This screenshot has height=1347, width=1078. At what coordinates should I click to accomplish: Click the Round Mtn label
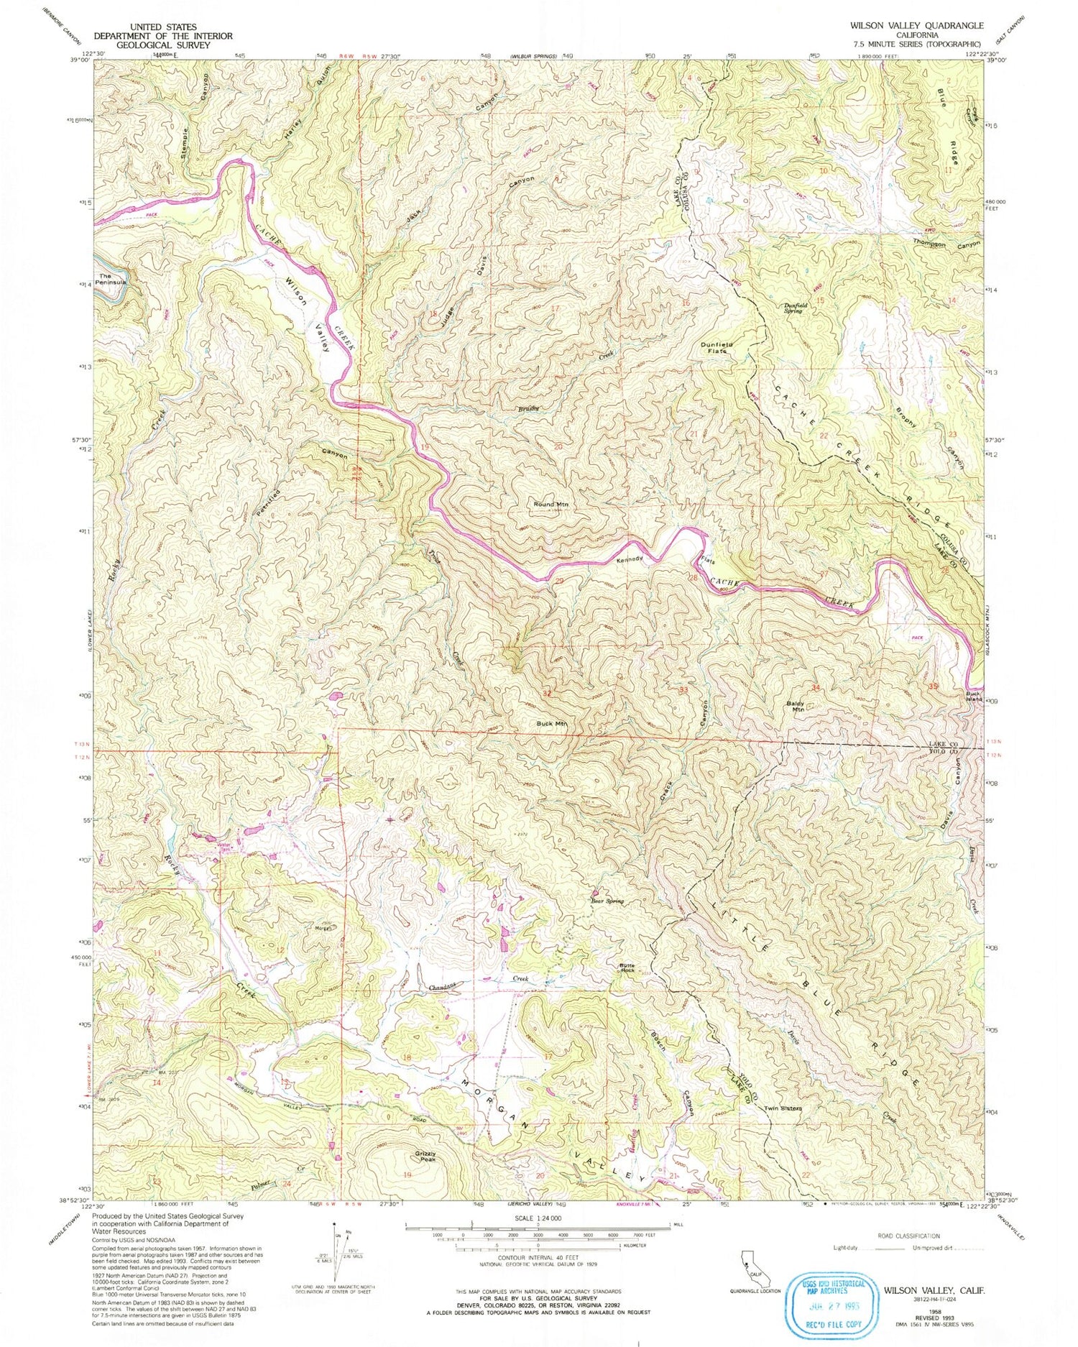coord(550,505)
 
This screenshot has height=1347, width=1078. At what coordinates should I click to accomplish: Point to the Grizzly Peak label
coord(425,1157)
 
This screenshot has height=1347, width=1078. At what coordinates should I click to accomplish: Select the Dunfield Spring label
coord(795,308)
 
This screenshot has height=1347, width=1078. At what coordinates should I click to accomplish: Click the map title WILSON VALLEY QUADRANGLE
coord(916,24)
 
